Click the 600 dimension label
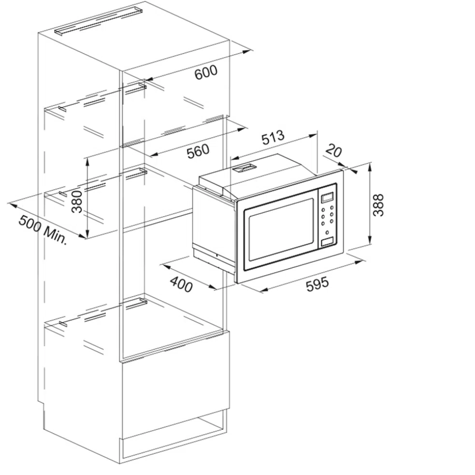[206, 72]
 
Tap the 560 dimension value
[198, 151]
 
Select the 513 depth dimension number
[273, 137]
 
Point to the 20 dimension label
[334, 151]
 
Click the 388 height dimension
[378, 205]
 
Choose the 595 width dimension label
[317, 284]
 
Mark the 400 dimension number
[181, 285]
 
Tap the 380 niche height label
[76, 202]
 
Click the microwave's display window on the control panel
[327, 197]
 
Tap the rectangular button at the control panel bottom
[327, 242]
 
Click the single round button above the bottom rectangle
[327, 233]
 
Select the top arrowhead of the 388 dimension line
[370, 166]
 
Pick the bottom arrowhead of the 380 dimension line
[87, 235]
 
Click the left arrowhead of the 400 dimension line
[166, 266]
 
